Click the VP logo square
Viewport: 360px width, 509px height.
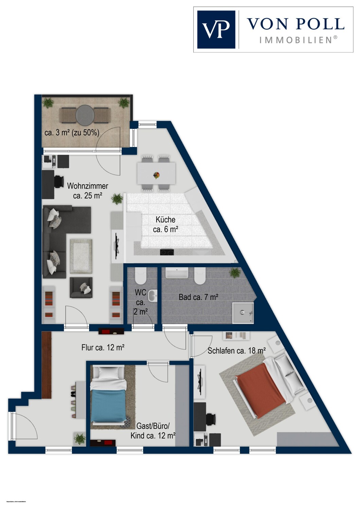click(216, 30)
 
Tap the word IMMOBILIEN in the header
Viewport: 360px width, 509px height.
click(295, 40)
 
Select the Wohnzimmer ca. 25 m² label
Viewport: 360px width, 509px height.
click(88, 191)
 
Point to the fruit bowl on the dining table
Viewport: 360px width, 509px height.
click(157, 175)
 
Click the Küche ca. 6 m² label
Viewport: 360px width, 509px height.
click(165, 224)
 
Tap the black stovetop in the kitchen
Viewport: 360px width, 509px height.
click(167, 252)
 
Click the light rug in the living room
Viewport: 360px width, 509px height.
click(81, 256)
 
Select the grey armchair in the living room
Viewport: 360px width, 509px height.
click(81, 288)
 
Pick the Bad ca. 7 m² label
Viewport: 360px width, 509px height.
click(198, 298)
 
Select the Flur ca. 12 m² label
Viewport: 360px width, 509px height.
click(103, 347)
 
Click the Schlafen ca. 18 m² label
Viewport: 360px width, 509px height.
click(236, 351)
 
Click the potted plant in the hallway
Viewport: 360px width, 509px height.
click(80, 438)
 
